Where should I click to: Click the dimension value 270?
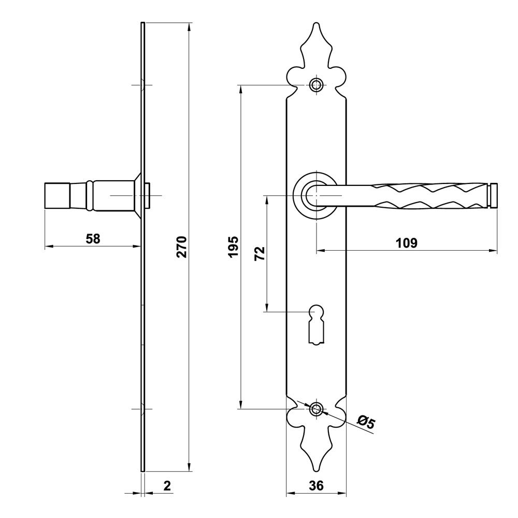click(182, 247)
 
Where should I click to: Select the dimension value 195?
click(233, 247)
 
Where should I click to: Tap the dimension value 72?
click(260, 253)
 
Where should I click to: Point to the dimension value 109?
click(406, 243)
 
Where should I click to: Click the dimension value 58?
click(93, 238)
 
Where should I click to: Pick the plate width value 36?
click(316, 486)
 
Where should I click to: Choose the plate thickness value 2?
click(167, 486)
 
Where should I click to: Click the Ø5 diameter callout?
click(366, 423)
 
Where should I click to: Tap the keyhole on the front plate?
click(316, 325)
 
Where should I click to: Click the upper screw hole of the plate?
click(316, 85)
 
